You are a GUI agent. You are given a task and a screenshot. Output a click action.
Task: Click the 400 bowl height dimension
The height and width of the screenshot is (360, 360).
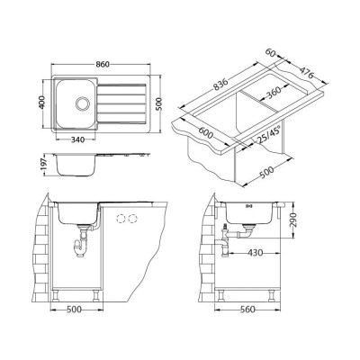click(42, 103)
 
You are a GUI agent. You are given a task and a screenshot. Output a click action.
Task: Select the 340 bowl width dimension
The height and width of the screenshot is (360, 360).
click(77, 139)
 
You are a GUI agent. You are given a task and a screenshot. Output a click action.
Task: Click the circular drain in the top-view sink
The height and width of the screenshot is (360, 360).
click(82, 103)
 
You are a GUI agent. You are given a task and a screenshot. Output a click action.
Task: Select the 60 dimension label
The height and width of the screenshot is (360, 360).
click(271, 53)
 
